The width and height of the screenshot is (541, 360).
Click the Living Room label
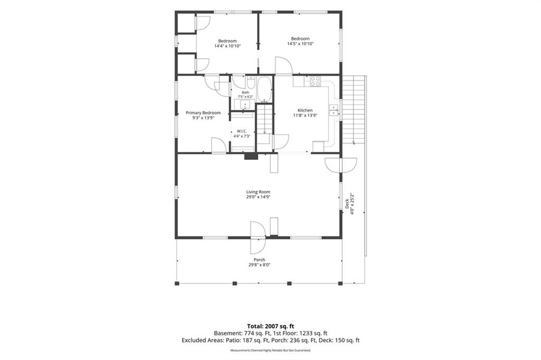[x=258, y=192]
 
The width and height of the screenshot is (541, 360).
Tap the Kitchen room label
[x=305, y=110]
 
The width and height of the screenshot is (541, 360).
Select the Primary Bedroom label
[x=203, y=113]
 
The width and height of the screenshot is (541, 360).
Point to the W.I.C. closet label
[x=241, y=131]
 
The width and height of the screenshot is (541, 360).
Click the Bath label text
[x=245, y=92]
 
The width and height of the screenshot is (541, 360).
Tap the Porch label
[x=259, y=260]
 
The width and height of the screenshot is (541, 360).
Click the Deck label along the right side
[x=347, y=204]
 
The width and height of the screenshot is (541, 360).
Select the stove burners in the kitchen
[x=315, y=81]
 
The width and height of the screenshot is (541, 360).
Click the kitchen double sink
[x=334, y=110]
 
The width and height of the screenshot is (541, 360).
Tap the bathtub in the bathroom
[x=265, y=89]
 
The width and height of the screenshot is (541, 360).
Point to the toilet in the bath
[x=251, y=83]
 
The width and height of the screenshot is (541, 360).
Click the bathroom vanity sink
[x=245, y=104]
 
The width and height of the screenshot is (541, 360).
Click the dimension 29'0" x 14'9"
[x=258, y=197]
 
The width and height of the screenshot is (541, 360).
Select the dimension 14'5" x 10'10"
[x=300, y=44]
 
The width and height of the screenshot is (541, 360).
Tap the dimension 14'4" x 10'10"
[x=227, y=46]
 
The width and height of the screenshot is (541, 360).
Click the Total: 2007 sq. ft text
[x=270, y=326]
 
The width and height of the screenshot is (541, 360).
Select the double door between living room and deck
[x=341, y=165]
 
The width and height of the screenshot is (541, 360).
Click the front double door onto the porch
[x=258, y=238]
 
